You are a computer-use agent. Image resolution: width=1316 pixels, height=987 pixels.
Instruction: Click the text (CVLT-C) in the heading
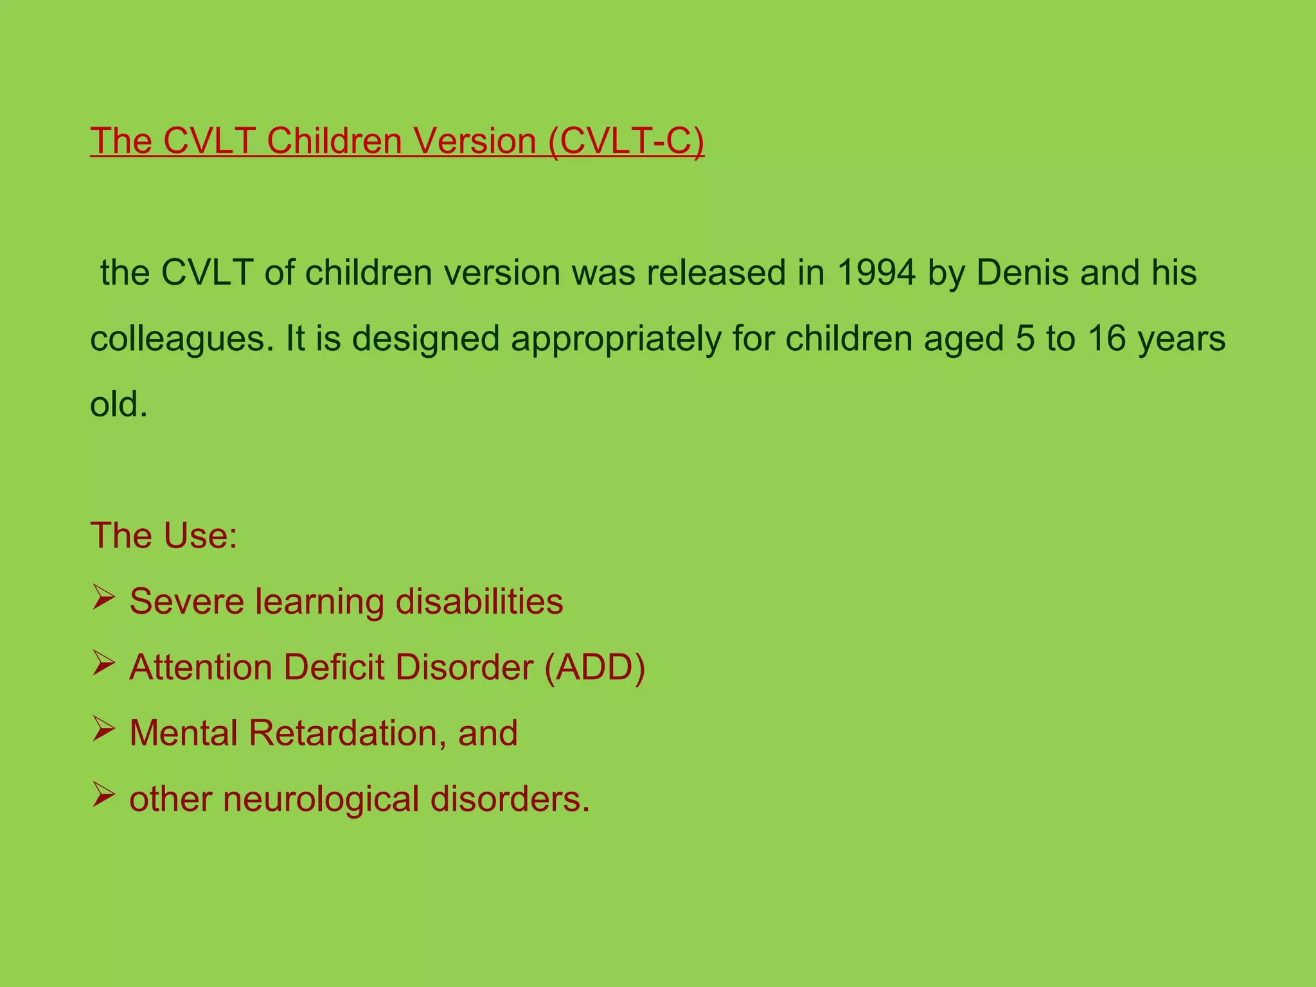tap(627, 141)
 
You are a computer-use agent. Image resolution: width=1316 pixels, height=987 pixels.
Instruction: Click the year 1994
tap(876, 272)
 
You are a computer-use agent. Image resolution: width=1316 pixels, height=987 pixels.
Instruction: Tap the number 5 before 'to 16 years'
tap(1025, 339)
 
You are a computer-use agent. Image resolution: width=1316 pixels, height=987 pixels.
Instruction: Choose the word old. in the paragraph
tap(119, 404)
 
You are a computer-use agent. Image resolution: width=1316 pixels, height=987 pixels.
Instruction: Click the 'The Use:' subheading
tap(164, 535)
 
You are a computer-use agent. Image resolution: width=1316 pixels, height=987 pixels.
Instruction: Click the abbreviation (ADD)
tap(594, 668)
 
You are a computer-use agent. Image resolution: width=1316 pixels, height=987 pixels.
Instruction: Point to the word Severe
tap(186, 601)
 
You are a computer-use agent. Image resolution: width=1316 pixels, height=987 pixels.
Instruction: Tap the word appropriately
tap(616, 339)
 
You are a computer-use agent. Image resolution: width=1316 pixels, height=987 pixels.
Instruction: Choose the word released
tap(716, 272)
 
